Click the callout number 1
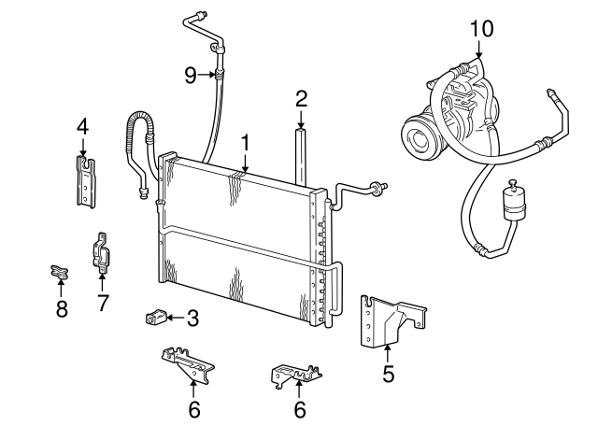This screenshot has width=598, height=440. tap(245, 143)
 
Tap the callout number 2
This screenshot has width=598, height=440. tap(301, 98)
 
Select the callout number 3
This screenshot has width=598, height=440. tap(192, 319)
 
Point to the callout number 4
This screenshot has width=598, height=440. tap(82, 125)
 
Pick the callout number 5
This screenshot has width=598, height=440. tap(389, 375)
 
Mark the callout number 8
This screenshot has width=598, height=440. tap(62, 308)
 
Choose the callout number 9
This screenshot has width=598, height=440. tap(191, 75)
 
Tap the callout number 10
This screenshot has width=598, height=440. tap(480, 28)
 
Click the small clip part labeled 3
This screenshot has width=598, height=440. tap(156, 318)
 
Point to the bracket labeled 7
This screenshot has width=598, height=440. tap(103, 255)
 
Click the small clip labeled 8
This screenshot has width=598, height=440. tap(60, 273)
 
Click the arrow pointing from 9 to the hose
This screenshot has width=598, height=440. tap(209, 75)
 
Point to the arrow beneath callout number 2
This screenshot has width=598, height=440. tap(301, 121)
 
